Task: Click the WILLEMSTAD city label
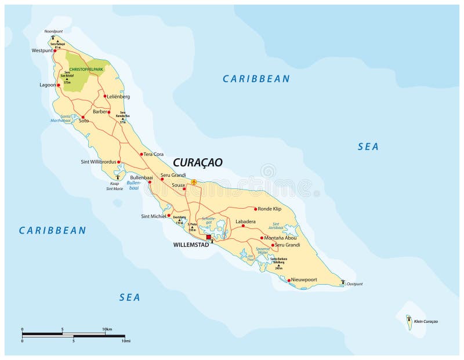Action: coord(190,245)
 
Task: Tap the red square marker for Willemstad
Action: coord(208,237)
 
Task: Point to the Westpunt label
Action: coord(42,51)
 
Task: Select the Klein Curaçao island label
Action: coord(426,321)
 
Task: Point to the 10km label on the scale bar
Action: coord(107,329)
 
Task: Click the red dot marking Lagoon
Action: coord(58,85)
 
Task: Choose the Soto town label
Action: coord(84,121)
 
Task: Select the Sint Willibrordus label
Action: coord(99,162)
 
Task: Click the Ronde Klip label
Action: coord(269,209)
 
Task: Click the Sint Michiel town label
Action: coord(153,216)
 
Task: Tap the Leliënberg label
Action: coord(119,96)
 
